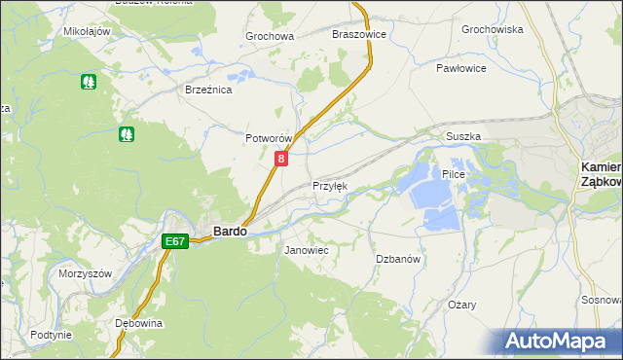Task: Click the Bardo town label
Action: point(230,232)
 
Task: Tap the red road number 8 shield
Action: point(281,159)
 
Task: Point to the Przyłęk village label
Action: point(329,186)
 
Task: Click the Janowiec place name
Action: point(306,251)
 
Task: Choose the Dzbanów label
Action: point(397,259)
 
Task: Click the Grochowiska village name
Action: point(493,30)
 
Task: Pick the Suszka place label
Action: point(463,137)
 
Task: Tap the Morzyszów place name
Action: point(86,273)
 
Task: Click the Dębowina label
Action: point(138,323)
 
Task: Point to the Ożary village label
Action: point(462,305)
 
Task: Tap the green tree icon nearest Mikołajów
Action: point(89,82)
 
